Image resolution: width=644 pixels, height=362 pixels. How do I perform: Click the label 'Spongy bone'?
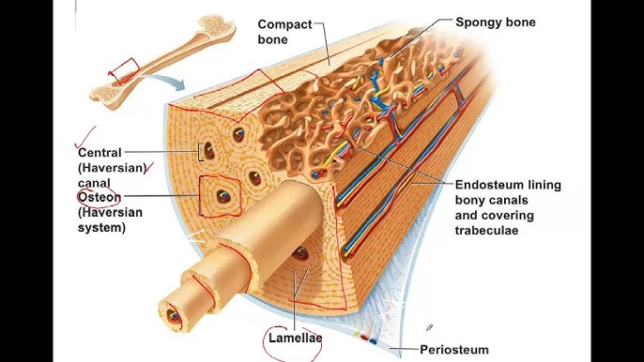click(x=495, y=22)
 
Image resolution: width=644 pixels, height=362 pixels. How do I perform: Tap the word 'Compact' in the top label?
click(x=284, y=23)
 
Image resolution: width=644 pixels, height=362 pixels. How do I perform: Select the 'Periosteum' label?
click(x=454, y=350)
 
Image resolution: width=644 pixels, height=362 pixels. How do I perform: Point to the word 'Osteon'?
click(x=99, y=197)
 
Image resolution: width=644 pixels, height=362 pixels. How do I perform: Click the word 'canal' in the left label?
click(x=96, y=182)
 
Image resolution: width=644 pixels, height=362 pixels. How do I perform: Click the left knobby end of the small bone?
click(x=102, y=92)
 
